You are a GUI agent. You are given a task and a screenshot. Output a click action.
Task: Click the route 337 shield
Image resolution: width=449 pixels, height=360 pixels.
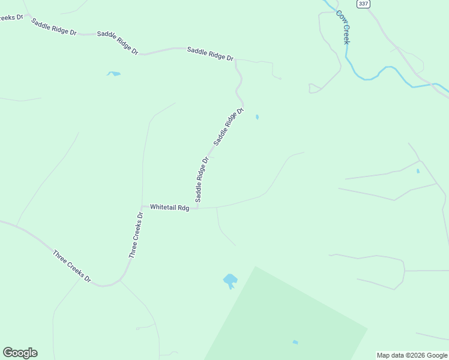tap(363, 4)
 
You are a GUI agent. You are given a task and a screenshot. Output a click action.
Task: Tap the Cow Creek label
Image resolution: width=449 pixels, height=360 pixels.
tap(343, 27)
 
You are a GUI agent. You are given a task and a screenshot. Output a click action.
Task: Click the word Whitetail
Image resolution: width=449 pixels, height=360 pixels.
tap(163, 207)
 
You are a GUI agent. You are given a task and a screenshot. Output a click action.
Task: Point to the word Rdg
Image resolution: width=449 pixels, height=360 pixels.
tap(183, 208)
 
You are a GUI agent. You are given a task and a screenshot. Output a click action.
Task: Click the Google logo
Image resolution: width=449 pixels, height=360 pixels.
tap(20, 353)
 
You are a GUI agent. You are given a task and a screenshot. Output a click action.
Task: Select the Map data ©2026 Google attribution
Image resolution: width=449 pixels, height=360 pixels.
tap(412, 355)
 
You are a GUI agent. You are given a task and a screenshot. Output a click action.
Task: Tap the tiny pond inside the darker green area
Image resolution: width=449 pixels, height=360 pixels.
tap(295, 342)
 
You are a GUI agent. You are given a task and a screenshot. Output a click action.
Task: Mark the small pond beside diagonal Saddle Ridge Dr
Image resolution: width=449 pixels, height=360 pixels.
tap(257, 117)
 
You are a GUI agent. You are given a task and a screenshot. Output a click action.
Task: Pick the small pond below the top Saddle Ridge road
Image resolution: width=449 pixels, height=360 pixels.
tap(113, 74)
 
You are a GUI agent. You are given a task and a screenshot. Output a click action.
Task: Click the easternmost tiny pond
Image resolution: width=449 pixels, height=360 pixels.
tap(418, 171)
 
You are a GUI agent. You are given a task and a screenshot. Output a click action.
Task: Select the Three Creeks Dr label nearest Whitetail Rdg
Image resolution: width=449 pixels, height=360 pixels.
tap(136, 235)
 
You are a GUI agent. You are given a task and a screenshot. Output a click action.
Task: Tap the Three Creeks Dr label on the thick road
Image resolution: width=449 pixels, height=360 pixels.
tap(71, 266)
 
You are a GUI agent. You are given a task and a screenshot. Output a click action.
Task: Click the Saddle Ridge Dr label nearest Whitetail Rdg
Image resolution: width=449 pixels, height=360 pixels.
tap(201, 179)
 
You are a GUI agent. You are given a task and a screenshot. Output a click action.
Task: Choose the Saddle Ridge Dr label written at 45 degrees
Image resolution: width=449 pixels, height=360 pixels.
tap(229, 127)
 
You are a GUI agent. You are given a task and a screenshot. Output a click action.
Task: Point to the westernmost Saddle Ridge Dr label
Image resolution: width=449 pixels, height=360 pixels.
tap(54, 28)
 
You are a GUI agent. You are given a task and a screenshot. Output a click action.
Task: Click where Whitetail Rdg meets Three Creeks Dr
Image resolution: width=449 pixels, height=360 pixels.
tap(143, 206)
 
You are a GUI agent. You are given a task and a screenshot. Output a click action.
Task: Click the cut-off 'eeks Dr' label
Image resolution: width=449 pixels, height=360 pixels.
tap(11, 17)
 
